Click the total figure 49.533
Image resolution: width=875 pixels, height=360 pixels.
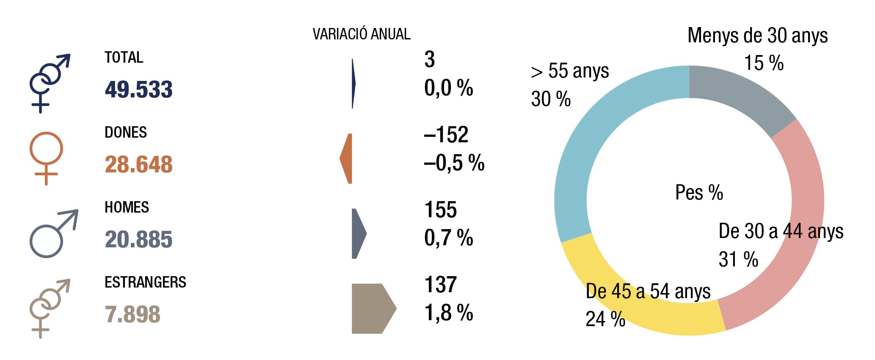[139, 89]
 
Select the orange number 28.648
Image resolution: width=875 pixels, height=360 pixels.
[139, 164]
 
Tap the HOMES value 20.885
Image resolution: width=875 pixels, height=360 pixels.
[139, 239]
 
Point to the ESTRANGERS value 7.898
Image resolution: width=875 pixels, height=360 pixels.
[132, 314]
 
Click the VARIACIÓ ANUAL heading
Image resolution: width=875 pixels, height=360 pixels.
[362, 34]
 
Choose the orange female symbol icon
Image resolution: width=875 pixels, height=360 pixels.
[46, 158]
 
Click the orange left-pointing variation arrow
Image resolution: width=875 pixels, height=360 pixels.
[346, 158]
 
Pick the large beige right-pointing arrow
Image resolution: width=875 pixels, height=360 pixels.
[374, 309]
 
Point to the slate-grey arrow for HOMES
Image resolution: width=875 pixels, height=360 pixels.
[359, 233]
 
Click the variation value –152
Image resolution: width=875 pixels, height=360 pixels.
[446, 135]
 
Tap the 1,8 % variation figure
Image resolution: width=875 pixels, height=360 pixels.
[449, 313]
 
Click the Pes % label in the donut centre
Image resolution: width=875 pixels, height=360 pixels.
[699, 192]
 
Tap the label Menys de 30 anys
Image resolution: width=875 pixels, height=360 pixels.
[758, 36]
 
